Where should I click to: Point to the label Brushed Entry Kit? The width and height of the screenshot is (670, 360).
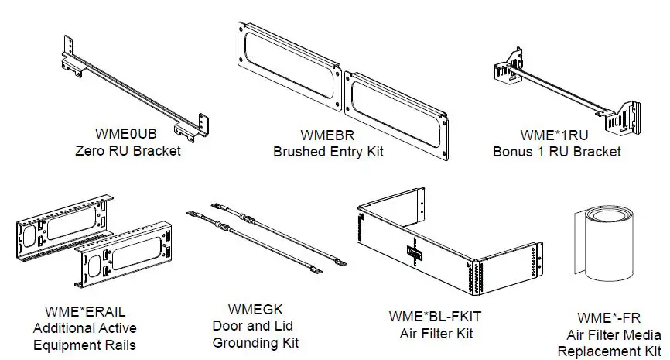point(328,152)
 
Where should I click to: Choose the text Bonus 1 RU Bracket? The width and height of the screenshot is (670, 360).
point(556,152)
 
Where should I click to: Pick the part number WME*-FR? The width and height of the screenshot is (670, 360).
point(609,319)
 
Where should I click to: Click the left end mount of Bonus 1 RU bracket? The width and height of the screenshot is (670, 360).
point(506,66)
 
